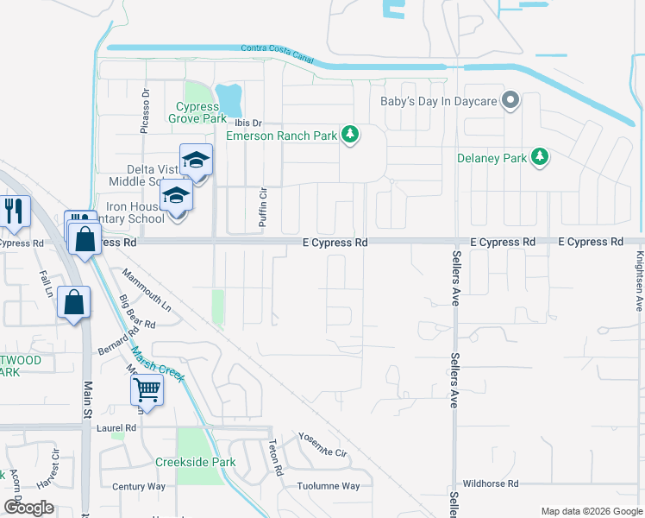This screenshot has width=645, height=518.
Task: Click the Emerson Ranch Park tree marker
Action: [x=350, y=134]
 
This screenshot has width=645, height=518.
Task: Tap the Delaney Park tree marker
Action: [x=540, y=156]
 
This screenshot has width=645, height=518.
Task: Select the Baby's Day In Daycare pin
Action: [x=510, y=100]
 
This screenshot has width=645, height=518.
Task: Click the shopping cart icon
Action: [x=147, y=389]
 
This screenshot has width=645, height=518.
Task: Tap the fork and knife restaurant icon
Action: [x=14, y=211]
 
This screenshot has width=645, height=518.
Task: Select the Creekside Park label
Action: [x=195, y=462]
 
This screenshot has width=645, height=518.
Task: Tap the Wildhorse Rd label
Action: [x=490, y=484]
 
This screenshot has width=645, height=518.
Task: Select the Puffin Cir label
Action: [x=263, y=207]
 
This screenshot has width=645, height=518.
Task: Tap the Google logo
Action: [x=28, y=508]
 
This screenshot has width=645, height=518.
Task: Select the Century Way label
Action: [x=138, y=487]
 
